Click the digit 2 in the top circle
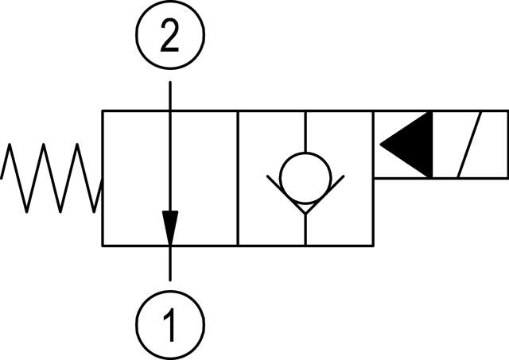169,37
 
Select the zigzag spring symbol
51,178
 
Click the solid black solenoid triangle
410,145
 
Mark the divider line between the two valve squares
238,178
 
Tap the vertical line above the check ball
305,132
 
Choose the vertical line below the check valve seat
305,230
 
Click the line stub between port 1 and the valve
170,262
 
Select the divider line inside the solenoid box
433,145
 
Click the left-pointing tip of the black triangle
382,145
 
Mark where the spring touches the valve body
102,191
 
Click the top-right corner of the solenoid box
507,111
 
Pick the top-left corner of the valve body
103,111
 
